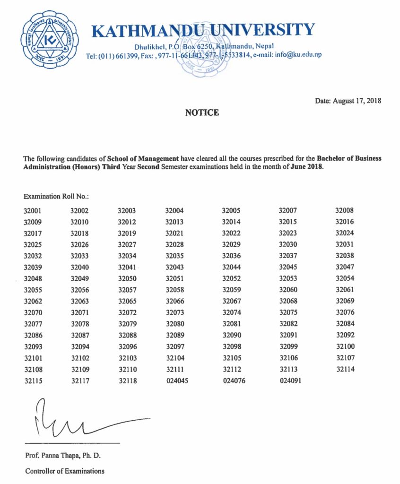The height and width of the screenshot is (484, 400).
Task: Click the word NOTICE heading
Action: click(x=202, y=112)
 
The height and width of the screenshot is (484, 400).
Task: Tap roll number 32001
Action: click(x=33, y=210)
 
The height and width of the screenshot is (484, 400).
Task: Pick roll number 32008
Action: click(x=345, y=210)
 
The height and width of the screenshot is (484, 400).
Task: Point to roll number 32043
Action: click(x=175, y=267)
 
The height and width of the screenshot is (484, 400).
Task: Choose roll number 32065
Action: click(x=127, y=301)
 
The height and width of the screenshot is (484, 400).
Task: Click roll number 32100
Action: click(x=345, y=346)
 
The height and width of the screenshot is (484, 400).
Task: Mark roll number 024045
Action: click(x=177, y=380)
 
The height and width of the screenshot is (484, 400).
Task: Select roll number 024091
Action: click(x=290, y=380)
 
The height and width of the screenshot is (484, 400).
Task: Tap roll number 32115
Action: click(x=33, y=380)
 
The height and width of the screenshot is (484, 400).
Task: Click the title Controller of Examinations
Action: click(x=65, y=471)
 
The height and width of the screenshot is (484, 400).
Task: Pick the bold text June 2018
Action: click(x=306, y=168)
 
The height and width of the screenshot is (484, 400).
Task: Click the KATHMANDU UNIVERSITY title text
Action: click(x=203, y=30)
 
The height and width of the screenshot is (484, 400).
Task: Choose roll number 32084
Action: click(x=345, y=324)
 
